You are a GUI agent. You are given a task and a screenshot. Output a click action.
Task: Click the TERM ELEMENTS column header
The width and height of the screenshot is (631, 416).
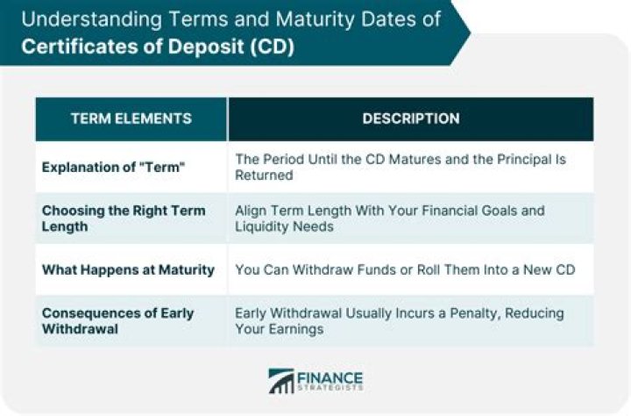tap(131, 118)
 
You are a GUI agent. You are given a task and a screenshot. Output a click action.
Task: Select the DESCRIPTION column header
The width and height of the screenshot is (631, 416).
tap(410, 118)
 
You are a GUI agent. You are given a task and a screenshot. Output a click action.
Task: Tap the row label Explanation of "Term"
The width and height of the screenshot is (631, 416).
tap(113, 168)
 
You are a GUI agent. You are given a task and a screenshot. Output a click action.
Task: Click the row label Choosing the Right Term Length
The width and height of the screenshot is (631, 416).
tap(124, 218)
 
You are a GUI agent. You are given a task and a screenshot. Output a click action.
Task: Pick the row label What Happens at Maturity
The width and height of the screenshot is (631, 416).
tap(128, 269)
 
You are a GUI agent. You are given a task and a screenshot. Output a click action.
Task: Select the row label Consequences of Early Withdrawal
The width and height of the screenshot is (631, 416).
tap(117, 320)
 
